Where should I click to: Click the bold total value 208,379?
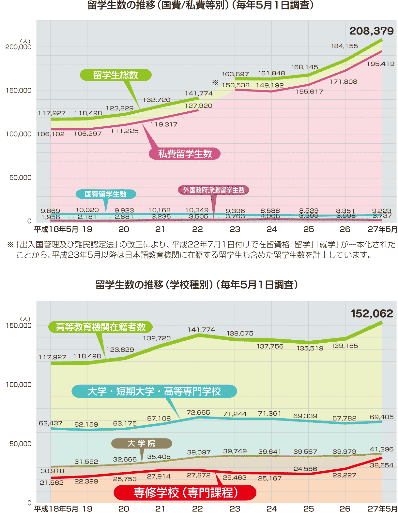coord(371,31)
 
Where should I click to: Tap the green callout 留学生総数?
coord(115,75)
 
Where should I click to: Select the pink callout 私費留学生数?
coord(185,154)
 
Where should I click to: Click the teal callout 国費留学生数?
coord(106,194)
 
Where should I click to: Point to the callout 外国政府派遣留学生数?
coord(213,190)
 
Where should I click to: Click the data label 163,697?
coord(235,74)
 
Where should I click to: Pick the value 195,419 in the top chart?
coord(380,64)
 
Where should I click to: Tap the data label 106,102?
coord(51,134)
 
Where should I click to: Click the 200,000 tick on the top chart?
coord(19,47)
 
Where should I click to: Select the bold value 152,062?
coord(372,314)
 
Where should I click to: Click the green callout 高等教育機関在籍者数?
coord(100,327)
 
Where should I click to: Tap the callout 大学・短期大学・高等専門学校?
coord(154,391)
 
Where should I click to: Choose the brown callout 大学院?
coord(141,443)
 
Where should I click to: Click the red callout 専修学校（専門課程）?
coord(185,492)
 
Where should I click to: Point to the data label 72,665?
coord(198,413)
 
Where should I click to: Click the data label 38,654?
coord(382,465)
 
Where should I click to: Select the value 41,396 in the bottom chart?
coord(382,449)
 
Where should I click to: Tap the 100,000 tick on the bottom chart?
coord(19,385)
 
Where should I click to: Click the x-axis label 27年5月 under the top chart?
coord(382,230)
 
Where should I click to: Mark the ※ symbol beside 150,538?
coord(215,82)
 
